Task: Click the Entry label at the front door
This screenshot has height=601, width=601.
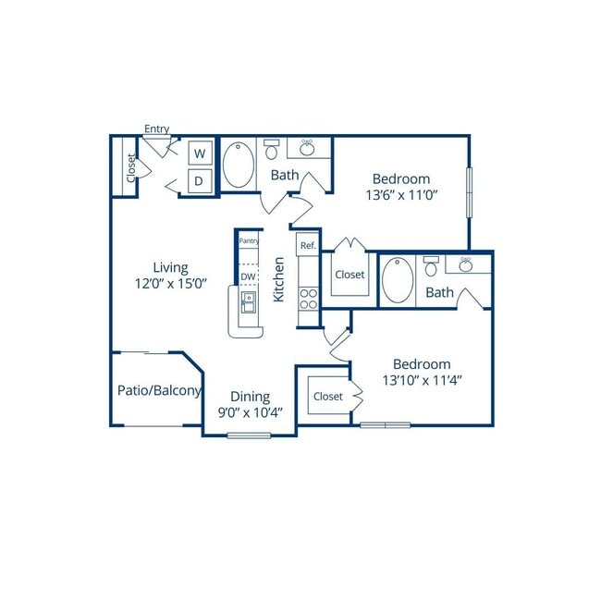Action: [157, 129]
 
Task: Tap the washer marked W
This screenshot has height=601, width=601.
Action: [200, 153]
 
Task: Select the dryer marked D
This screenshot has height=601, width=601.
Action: [200, 181]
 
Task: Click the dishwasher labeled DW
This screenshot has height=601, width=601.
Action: [249, 276]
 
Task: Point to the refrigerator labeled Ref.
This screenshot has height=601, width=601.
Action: [308, 245]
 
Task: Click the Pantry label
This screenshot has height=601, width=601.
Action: [249, 240]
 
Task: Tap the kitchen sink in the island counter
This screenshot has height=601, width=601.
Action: [249, 302]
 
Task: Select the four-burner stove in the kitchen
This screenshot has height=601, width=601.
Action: [309, 299]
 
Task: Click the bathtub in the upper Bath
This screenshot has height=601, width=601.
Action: [239, 166]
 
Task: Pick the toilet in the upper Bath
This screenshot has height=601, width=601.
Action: [271, 149]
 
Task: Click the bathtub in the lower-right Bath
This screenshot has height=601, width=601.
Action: [398, 280]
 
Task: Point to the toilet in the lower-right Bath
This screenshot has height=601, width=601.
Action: [431, 266]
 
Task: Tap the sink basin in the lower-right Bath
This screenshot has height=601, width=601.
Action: [466, 264]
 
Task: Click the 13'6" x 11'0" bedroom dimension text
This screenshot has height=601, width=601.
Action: [401, 195]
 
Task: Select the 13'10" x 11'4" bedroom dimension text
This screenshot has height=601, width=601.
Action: [422, 381]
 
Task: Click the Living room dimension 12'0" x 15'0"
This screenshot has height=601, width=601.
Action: [171, 284]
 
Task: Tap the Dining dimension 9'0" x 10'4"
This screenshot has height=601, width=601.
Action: [251, 412]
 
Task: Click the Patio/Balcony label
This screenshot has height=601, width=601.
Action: [159, 390]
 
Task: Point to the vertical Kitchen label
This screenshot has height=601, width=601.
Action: [278, 279]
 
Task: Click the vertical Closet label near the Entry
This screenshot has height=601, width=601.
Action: [131, 168]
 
